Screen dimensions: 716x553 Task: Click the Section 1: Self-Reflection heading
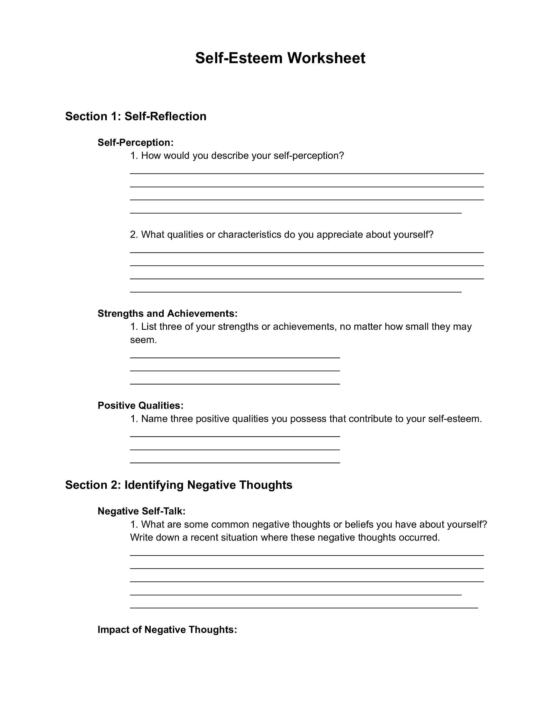coord(136,116)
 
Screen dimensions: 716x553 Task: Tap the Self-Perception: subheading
coord(135,143)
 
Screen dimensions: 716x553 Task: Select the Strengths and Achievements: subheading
coord(167,313)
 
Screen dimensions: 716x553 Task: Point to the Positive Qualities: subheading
coord(141,405)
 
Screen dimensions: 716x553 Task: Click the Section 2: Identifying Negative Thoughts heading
coord(178,485)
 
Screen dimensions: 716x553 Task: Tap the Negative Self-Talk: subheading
coord(141,511)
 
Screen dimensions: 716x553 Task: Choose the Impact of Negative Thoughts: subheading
coord(167,629)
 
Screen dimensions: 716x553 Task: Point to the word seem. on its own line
coord(143,340)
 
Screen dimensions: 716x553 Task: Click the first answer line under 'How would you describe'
coord(307,174)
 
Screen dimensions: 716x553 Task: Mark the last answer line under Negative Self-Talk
coord(304,608)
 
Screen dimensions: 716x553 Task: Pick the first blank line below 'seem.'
coord(235,358)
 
